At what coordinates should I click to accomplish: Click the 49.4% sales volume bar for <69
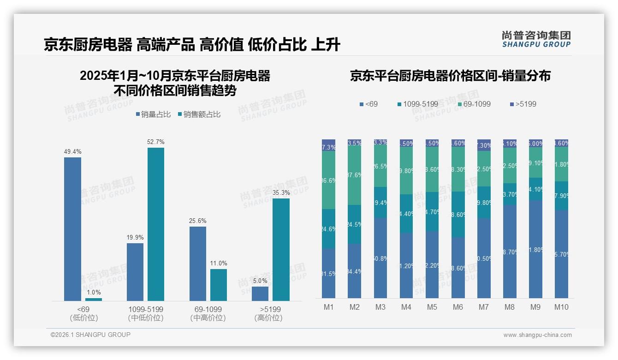(72, 229)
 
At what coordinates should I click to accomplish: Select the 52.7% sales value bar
(156, 224)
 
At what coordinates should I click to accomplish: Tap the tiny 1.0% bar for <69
(94, 300)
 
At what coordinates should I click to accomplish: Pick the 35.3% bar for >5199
(281, 250)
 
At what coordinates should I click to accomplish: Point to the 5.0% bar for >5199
(260, 294)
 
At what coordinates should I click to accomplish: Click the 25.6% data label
(197, 221)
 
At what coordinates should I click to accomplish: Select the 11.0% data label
(219, 263)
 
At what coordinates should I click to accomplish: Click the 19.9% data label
(135, 237)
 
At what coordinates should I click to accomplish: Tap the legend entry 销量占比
(153, 114)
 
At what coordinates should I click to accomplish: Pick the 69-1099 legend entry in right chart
(474, 104)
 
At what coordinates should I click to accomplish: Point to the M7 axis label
(484, 307)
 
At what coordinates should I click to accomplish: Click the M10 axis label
(561, 307)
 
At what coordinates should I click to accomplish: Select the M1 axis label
(329, 307)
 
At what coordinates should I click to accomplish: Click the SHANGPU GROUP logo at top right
(536, 39)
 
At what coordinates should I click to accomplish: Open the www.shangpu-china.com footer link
(537, 335)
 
